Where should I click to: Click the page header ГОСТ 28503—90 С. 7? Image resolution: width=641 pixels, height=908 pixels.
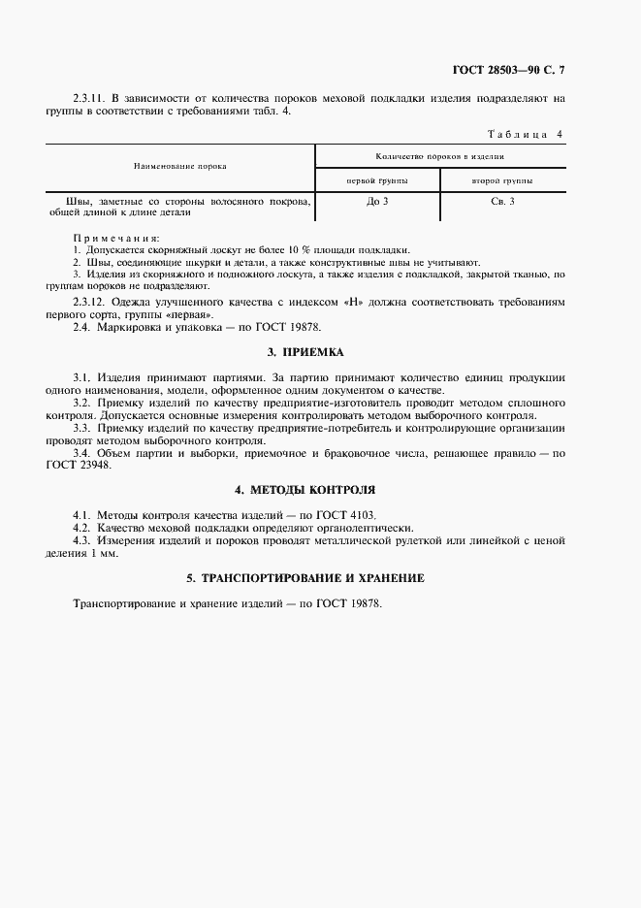click(x=508, y=70)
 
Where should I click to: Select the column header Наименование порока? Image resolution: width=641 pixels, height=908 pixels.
click(x=180, y=166)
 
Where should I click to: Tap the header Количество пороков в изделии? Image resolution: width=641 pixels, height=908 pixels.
click(x=439, y=155)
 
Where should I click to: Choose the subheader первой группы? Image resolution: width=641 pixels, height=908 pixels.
click(x=377, y=180)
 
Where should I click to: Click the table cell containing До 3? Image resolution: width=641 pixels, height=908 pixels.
click(x=377, y=201)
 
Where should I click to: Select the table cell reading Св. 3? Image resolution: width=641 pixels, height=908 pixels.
click(x=502, y=201)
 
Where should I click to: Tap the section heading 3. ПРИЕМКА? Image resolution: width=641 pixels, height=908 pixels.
click(x=305, y=351)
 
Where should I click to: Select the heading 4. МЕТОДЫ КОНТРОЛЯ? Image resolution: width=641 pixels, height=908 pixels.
click(x=305, y=490)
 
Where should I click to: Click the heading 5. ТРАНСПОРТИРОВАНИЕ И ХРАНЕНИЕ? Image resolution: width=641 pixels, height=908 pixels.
click(x=305, y=578)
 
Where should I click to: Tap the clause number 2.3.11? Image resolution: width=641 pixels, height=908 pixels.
click(x=90, y=98)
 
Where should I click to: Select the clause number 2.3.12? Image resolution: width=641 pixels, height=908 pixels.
click(x=90, y=303)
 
